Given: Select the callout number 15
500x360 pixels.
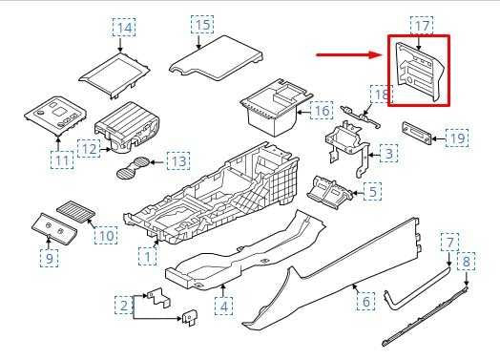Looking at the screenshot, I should click(x=201, y=23).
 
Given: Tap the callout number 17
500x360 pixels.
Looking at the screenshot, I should click(x=421, y=23).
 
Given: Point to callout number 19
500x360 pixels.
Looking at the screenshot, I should click(x=458, y=139).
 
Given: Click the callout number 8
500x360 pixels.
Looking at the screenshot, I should click(x=467, y=262).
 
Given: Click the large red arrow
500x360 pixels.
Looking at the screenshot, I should click(x=349, y=55).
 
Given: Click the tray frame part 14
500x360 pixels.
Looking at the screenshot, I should click(x=114, y=74).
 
